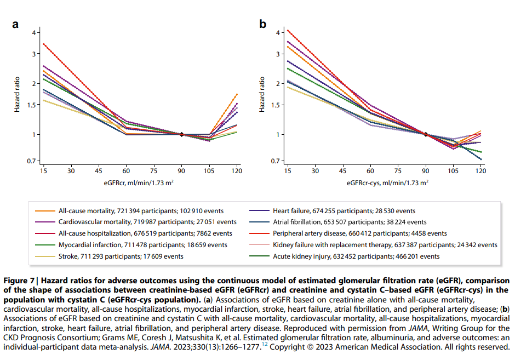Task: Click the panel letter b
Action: [263, 24]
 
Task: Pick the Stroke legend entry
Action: [121, 256]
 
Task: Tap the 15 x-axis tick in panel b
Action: [287, 171]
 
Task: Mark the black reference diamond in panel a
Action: [181, 134]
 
